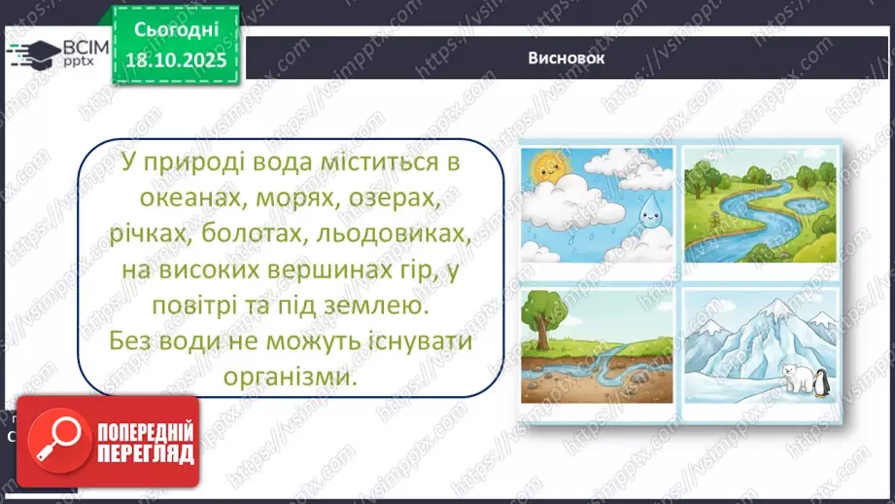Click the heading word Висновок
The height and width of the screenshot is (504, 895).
point(568,58)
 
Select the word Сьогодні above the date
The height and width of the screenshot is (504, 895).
point(176,32)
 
